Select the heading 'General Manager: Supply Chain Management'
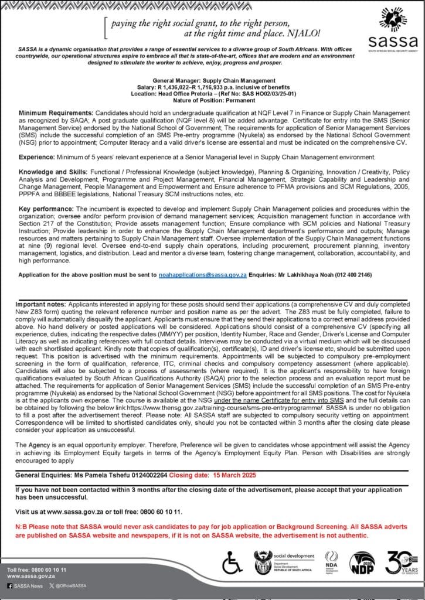[x=213, y=80]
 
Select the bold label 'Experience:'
[x=36, y=158]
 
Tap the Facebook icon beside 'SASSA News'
[x=10, y=585]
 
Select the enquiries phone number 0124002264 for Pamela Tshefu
[x=140, y=473]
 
